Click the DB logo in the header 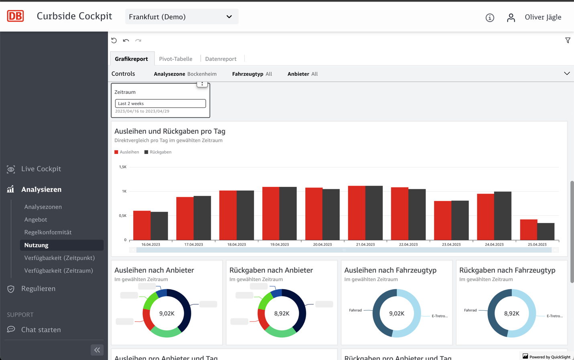point(16,16)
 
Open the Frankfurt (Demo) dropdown point(181,17)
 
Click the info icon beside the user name point(490,18)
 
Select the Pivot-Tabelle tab point(175,59)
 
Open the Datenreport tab point(221,59)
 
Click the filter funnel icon point(568,40)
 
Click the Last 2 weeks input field point(160,103)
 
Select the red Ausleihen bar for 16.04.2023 point(142,225)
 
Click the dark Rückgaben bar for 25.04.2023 point(546,231)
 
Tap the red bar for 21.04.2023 point(357,213)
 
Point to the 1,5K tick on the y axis point(123,167)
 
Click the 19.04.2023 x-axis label point(279,244)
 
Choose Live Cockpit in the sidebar point(41,169)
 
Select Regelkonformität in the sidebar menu point(48,232)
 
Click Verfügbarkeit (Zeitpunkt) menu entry point(59,258)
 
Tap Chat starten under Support point(41,330)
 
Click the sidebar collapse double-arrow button point(97,350)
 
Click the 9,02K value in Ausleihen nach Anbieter point(167,313)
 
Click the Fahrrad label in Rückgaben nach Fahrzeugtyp point(470,310)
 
